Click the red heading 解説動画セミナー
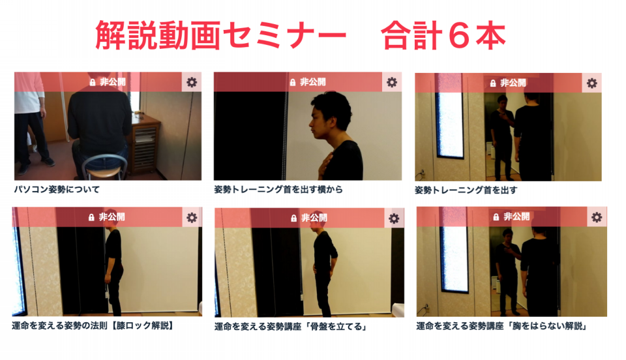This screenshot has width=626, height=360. (221, 35)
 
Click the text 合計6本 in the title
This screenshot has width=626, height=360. (443, 35)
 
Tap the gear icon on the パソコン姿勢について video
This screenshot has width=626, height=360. (192, 82)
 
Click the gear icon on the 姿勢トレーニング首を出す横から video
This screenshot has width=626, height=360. (392, 82)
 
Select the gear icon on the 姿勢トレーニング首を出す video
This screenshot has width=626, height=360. (591, 83)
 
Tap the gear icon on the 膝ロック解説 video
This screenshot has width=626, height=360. (192, 218)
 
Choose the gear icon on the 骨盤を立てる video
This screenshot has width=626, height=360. (394, 218)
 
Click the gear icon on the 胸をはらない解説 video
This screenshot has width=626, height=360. (597, 217)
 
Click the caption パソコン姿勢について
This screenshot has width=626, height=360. (57, 189)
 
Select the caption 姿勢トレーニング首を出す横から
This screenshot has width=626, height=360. (278, 189)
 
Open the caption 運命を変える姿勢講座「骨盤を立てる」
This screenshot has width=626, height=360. (290, 327)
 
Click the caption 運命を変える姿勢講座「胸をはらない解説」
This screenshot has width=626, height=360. (501, 326)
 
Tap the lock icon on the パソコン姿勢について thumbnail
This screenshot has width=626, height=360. (93, 82)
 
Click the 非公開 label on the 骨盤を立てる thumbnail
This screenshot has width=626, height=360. (314, 218)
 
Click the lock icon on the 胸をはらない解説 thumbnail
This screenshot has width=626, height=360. (496, 217)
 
